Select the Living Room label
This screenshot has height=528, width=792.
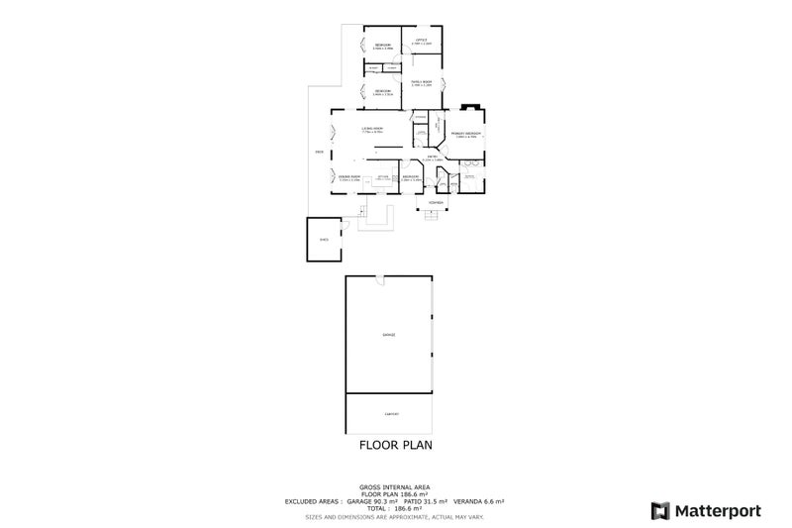point(372,128)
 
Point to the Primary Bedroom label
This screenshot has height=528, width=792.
point(466,133)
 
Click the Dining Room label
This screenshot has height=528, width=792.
point(348,176)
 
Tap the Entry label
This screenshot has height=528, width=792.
point(433,157)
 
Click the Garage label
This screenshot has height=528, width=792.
point(389,335)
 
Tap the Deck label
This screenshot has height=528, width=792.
point(319,152)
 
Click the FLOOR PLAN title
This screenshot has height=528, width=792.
point(396,446)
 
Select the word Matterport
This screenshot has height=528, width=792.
point(718,510)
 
